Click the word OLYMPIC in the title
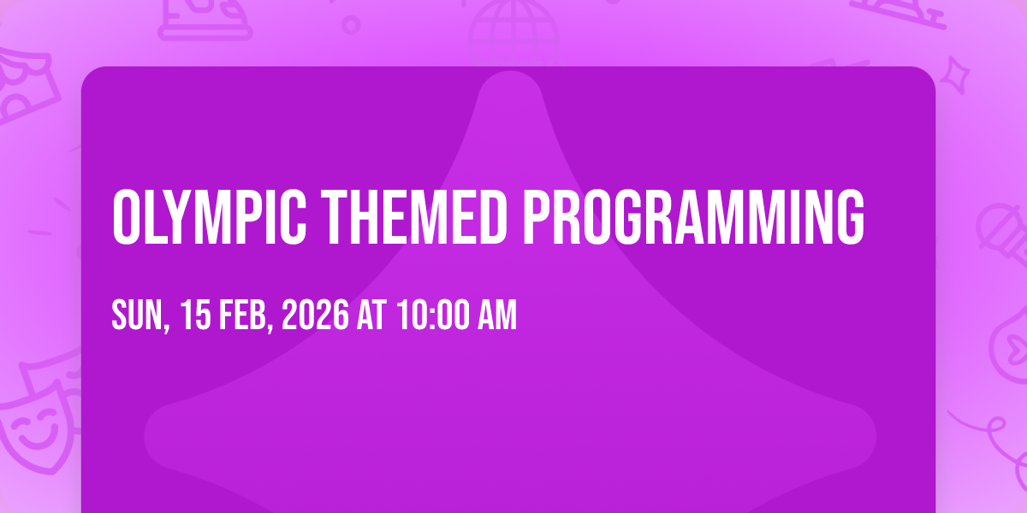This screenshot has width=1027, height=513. tap(209, 216)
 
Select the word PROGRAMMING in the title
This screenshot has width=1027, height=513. tap(694, 216)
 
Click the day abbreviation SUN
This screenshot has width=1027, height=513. tap(138, 315)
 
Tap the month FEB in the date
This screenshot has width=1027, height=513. tap(242, 315)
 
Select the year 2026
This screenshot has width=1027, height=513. tap(315, 315)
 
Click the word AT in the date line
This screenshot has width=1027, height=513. tap(371, 315)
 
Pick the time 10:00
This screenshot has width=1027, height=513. tap(433, 315)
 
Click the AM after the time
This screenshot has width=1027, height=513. tap(497, 315)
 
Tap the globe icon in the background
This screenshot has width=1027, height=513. tap(513, 32)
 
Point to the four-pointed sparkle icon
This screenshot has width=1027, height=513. tap(954, 76)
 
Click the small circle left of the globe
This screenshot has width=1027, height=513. tap(351, 25)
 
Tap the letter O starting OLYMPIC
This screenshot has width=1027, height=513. tap(126, 216)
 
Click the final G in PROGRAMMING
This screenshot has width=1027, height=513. tap(851, 216)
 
